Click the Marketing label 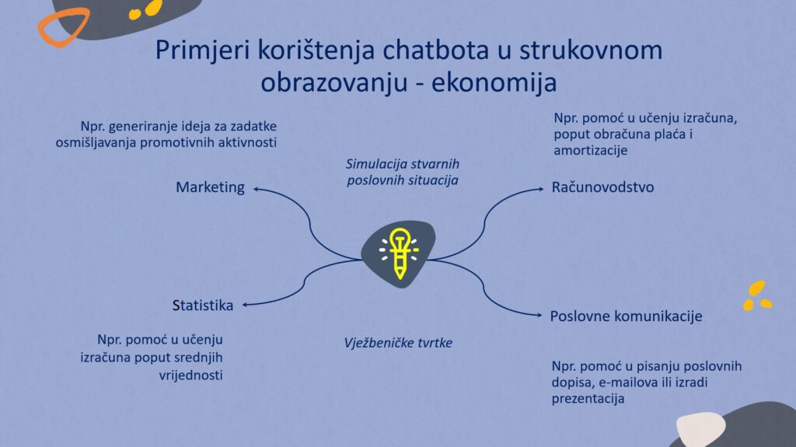coord(210,188)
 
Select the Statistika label coord(203,306)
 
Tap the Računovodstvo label coord(602,187)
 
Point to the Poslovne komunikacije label coord(626,316)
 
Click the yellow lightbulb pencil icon coord(399,253)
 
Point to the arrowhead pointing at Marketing coord(257,189)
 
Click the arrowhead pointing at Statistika coord(245,305)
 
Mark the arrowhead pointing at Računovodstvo coord(541,189)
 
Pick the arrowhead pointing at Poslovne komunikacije coord(539,315)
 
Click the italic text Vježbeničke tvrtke coord(398,343)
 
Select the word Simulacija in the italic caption coord(375,164)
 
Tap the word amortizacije coord(591,150)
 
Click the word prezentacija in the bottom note coord(588,399)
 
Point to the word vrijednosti coord(191,375)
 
